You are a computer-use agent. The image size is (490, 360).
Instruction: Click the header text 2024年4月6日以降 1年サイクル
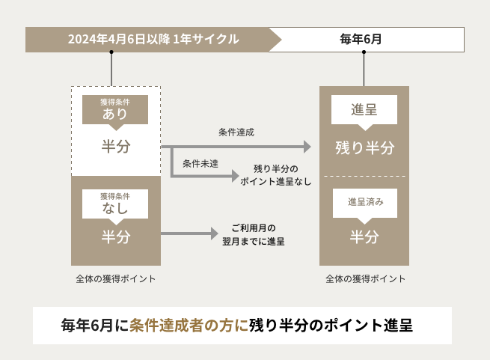[x=153, y=40]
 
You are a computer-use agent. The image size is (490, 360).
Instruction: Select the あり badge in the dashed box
[x=115, y=110]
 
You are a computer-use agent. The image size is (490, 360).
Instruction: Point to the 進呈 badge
[x=364, y=110]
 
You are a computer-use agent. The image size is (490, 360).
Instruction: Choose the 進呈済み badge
[x=364, y=202]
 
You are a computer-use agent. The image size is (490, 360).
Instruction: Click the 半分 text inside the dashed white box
[x=116, y=147]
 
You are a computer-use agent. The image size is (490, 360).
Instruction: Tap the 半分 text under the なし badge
[x=116, y=237]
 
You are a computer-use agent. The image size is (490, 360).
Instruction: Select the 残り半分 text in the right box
[x=364, y=147]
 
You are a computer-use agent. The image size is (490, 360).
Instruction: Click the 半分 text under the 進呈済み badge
[x=364, y=237]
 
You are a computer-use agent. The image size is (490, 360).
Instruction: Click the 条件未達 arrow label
[x=200, y=163]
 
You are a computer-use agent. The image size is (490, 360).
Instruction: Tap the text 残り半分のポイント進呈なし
[x=275, y=175]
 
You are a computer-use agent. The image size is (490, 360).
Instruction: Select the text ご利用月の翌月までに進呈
[x=253, y=235]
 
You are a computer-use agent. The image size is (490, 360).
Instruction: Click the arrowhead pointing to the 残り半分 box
[x=307, y=147]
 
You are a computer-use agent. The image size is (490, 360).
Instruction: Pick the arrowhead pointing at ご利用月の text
[x=213, y=234]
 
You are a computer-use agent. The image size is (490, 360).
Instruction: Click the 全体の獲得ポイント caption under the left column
[x=116, y=279]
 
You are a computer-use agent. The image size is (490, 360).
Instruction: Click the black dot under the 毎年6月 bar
[x=364, y=52]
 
